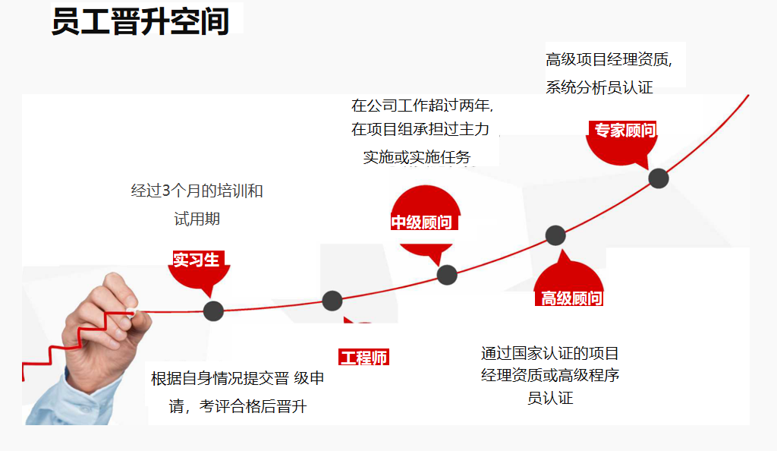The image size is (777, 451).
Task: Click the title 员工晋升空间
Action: click(140, 21)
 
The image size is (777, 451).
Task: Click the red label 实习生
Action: click(196, 260)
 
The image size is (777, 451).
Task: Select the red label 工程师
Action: click(363, 358)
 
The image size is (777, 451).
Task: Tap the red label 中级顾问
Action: click(421, 222)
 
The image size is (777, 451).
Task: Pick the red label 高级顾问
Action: click(571, 298)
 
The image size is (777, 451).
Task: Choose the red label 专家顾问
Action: click(624, 131)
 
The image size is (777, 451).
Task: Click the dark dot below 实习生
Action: click(213, 310)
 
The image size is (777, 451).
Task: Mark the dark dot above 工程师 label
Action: click(332, 301)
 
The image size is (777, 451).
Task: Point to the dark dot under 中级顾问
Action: click(447, 275)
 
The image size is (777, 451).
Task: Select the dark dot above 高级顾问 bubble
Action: click(555, 235)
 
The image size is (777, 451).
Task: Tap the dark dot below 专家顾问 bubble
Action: click(659, 178)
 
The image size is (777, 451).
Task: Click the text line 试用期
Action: click(197, 219)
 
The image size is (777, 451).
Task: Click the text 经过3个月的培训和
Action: click(197, 191)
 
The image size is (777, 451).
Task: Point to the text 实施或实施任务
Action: click(417, 157)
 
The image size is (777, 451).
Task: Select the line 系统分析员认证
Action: click(599, 87)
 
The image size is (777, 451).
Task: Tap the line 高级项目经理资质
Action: click(609, 59)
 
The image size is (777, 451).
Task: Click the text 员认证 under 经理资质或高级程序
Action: click(550, 398)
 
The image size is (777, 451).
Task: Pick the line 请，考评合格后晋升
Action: click(238, 407)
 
